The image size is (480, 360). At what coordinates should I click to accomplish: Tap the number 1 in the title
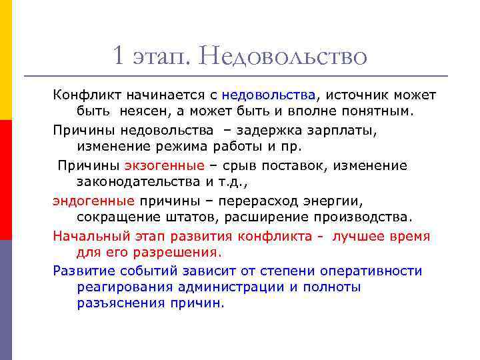[x=119, y=56]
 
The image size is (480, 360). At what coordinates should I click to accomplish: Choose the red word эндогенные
[x=94, y=201]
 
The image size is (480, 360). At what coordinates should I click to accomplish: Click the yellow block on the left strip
[x=6, y=60]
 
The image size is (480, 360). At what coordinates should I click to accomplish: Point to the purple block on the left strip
[x=6, y=300]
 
